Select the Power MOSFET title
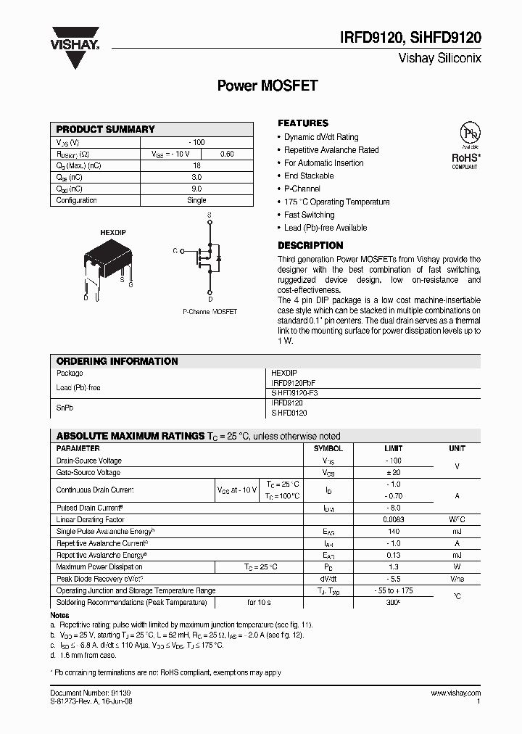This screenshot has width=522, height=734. pyautogui.click(x=268, y=86)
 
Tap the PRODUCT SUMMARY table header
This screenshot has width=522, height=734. pyautogui.click(x=106, y=129)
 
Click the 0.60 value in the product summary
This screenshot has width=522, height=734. pyautogui.click(x=227, y=154)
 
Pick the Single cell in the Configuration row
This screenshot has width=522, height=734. pyautogui.click(x=196, y=200)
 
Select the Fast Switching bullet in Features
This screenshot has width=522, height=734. pyautogui.click(x=309, y=215)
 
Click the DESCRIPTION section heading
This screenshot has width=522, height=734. pyautogui.click(x=310, y=245)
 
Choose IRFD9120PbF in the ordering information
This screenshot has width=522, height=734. pyautogui.click(x=294, y=382)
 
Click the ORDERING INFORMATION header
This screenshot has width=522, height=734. pyautogui.click(x=117, y=361)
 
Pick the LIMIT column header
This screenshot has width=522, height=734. pyautogui.click(x=394, y=448)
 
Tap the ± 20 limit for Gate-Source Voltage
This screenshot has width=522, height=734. pyautogui.click(x=394, y=472)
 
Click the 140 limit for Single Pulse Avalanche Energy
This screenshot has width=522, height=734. pyautogui.click(x=394, y=532)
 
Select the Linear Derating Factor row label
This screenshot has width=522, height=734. pyautogui.click(x=90, y=519)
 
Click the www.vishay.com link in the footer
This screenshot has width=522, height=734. pyautogui.click(x=455, y=693)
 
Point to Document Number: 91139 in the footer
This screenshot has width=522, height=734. pyautogui.click(x=91, y=693)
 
